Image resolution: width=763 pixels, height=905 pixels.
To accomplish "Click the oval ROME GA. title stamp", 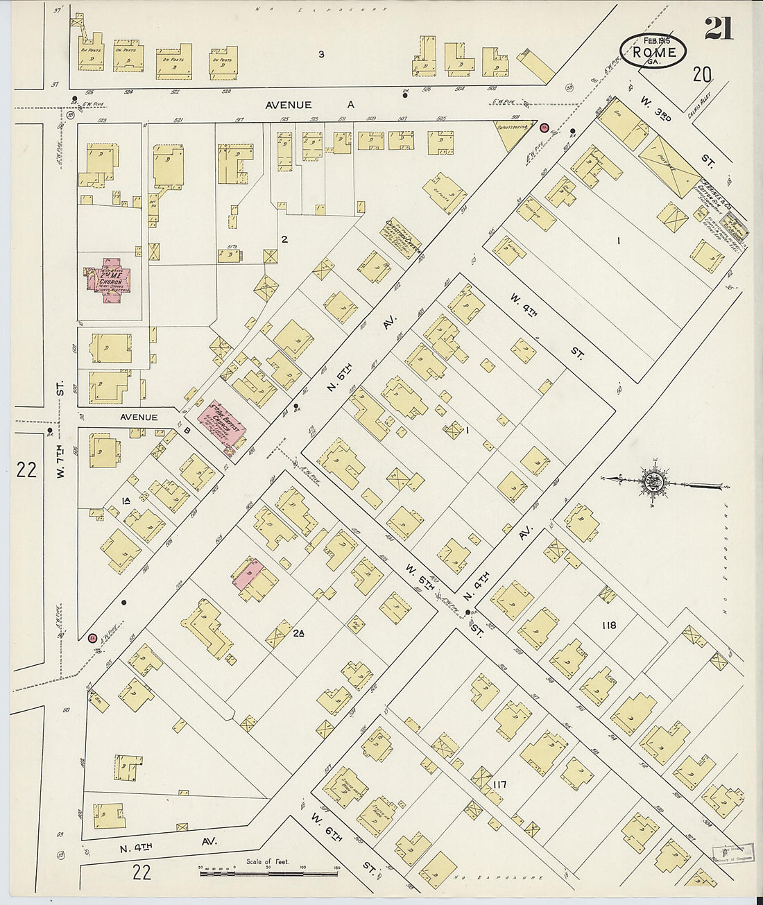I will coord(653,50).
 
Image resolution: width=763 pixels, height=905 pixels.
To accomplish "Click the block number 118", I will coord(608,625).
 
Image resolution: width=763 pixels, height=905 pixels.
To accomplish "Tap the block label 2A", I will coord(299,633).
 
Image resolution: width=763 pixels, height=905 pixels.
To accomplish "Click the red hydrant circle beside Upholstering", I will coord(545,128).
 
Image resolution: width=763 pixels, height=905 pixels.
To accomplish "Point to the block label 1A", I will coord(126,501).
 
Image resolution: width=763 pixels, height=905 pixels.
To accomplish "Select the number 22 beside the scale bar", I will coord(142,872).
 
